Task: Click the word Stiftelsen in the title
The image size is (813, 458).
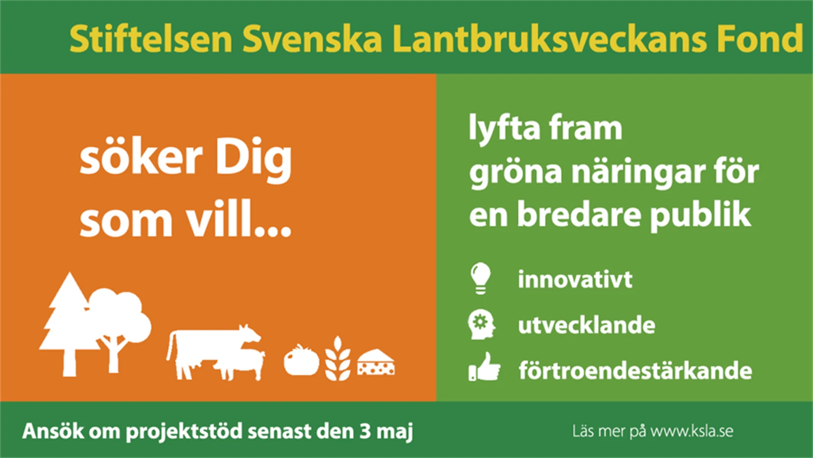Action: [x=151, y=39]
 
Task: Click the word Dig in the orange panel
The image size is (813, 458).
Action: [x=254, y=160]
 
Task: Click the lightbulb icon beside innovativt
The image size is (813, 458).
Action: [x=481, y=278]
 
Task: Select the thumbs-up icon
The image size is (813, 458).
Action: [x=484, y=367]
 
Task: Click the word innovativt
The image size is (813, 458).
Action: [x=575, y=279]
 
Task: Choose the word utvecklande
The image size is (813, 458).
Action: [x=587, y=325]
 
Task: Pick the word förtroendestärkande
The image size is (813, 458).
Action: [x=635, y=370]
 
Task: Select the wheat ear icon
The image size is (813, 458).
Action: [x=338, y=358]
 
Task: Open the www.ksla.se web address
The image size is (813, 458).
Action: [x=692, y=431]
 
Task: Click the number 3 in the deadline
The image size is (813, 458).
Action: [x=365, y=431]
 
